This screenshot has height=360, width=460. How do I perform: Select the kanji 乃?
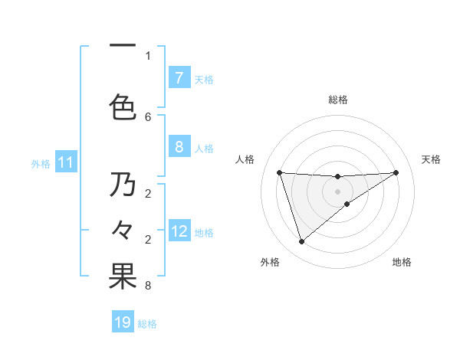tap(123, 185)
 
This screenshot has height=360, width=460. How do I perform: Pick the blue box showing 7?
tap(179, 78)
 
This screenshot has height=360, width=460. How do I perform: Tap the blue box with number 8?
tap(179, 148)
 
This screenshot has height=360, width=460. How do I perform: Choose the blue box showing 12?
tap(179, 232)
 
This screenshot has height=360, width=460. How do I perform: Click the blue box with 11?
tap(66, 162)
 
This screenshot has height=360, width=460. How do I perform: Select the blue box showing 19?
tap(123, 322)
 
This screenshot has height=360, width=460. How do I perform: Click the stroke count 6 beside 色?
tap(148, 116)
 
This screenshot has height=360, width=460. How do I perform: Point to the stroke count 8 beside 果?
tap(148, 286)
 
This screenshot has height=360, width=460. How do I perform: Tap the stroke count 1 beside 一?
tap(148, 55)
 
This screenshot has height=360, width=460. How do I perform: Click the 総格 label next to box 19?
tap(147, 323)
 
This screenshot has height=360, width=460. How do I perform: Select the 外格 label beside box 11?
tap(41, 163)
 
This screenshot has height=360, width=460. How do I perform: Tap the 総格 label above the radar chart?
tap(337, 100)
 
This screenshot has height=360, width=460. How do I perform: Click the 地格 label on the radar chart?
tap(402, 262)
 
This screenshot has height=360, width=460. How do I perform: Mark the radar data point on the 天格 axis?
tap(396, 172)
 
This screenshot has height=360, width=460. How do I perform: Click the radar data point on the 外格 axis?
tap(301, 242)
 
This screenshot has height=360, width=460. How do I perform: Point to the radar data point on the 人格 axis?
tap(279, 172)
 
